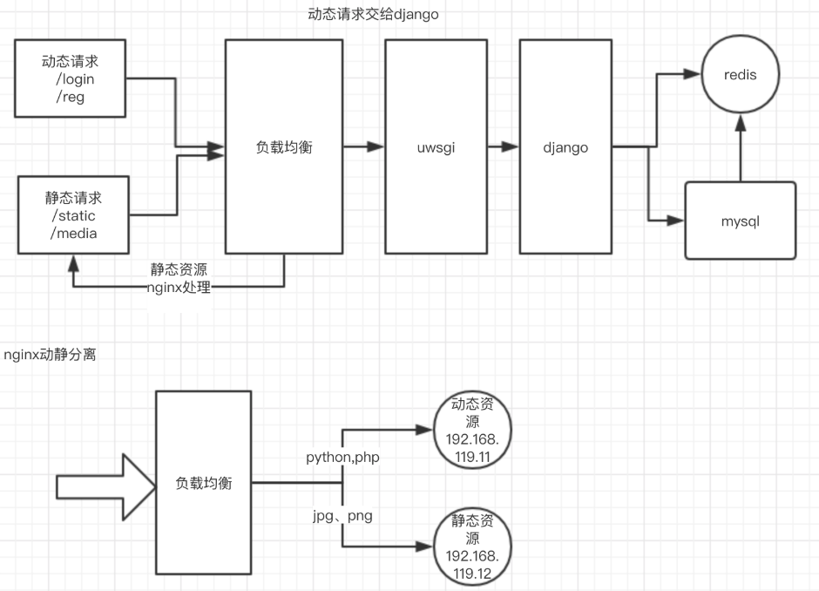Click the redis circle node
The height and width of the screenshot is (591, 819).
[x=740, y=76]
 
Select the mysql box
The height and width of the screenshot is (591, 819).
[x=741, y=221]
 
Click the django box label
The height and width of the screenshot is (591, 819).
[x=565, y=148]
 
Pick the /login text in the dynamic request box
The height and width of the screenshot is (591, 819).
[x=75, y=79]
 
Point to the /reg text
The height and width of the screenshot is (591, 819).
[x=71, y=97]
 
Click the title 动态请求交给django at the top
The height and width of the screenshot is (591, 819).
[x=373, y=14]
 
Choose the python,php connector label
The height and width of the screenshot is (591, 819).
[x=341, y=458]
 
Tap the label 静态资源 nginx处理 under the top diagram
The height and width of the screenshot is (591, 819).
[x=179, y=279]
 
